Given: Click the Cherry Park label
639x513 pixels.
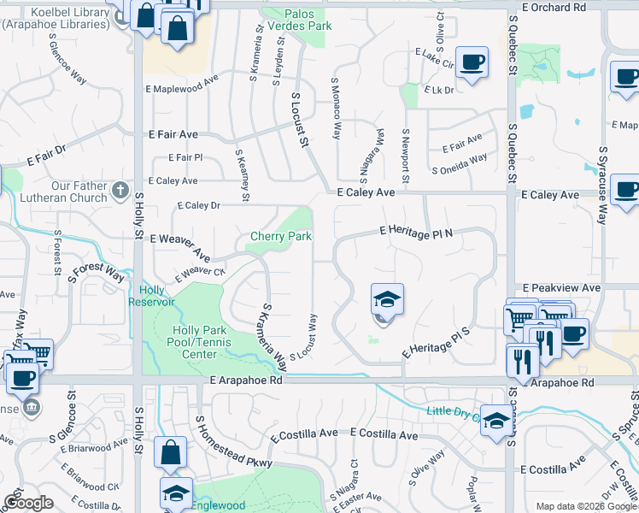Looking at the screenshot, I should [280, 236].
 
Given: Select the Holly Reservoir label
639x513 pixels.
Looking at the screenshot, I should [151, 296].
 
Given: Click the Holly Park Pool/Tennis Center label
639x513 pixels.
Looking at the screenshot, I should [194, 342].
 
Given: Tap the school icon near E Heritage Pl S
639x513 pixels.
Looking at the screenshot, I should [387, 300].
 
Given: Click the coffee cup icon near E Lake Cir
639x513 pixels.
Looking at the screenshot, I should [472, 62].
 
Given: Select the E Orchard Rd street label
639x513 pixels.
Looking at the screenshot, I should [554, 7].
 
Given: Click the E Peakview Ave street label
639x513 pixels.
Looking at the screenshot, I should [561, 288].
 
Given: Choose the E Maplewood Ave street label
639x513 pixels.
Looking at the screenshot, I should [182, 88].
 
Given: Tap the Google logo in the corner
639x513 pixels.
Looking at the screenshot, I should [28, 503].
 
